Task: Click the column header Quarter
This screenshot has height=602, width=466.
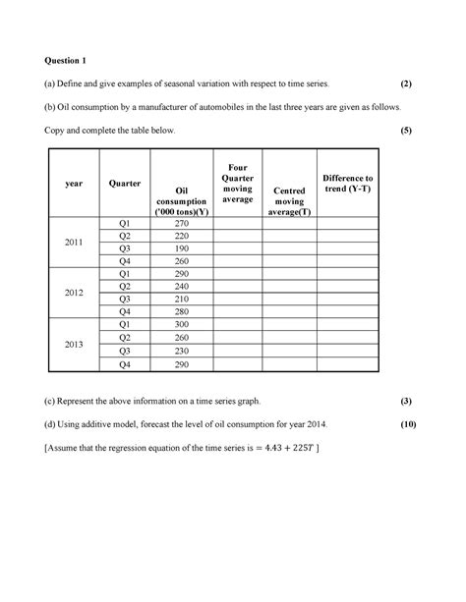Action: [125, 183]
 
